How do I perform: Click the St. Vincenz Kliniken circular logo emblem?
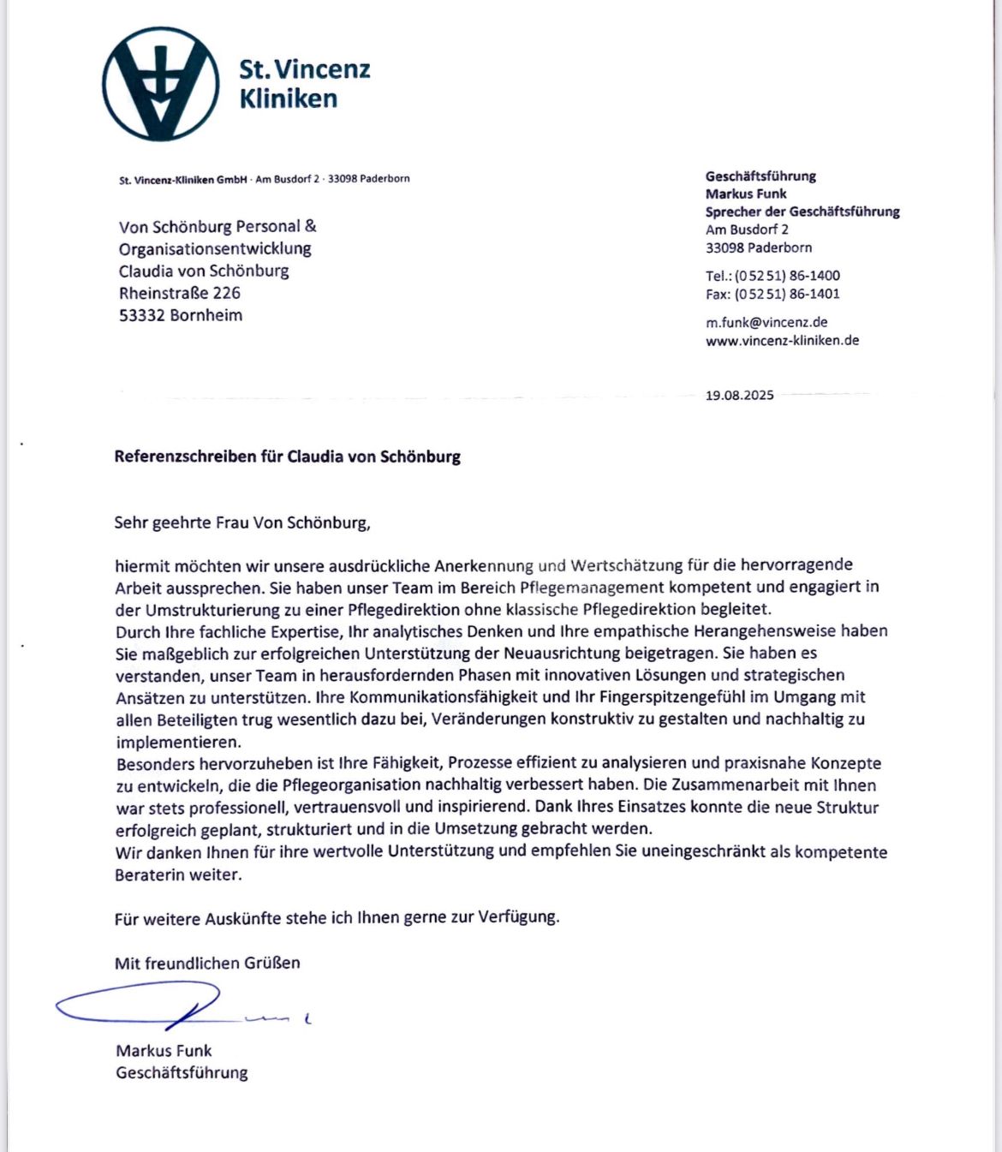(x=160, y=83)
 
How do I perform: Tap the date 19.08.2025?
(x=739, y=395)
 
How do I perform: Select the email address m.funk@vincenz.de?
(x=766, y=322)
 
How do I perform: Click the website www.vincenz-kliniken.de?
(x=782, y=340)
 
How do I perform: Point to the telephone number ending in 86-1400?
(x=772, y=276)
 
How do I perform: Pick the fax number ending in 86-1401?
(x=772, y=294)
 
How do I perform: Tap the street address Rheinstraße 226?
(x=180, y=293)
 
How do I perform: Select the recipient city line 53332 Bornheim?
(x=181, y=315)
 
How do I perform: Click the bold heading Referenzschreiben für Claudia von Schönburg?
(x=287, y=457)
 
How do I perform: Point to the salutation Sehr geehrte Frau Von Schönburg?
(x=242, y=522)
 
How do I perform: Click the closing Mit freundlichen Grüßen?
(x=207, y=963)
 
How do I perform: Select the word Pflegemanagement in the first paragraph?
(x=592, y=588)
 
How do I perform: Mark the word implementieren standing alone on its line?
(x=178, y=742)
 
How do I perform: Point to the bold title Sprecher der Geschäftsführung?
(x=802, y=212)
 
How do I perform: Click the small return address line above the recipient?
(x=264, y=179)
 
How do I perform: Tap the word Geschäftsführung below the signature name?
(x=182, y=1072)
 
